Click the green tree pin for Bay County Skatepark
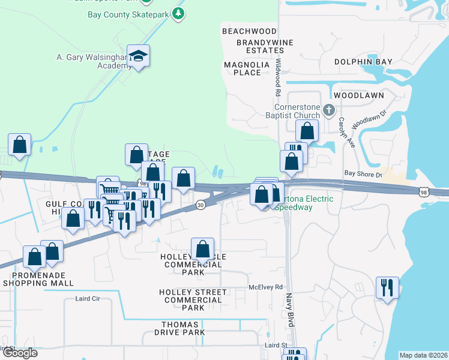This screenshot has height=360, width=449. pyautogui.click(x=178, y=13)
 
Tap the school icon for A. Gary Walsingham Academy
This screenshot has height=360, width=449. pyautogui.click(x=139, y=57)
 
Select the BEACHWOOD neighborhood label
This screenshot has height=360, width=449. pyautogui.click(x=249, y=31)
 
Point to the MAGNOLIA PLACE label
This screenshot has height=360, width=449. pyautogui.click(x=243, y=68)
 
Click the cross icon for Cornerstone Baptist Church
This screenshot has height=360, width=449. pyautogui.click(x=328, y=110)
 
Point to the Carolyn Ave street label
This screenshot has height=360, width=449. pyautogui.click(x=351, y=133)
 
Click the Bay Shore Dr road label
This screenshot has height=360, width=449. pyautogui.click(x=363, y=174)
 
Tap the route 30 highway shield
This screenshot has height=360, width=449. pyautogui.click(x=200, y=205)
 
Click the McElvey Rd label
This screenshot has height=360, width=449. pyautogui.click(x=265, y=287)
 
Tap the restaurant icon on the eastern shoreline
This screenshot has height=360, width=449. pyautogui.click(x=387, y=287)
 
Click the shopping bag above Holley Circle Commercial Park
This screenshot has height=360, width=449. pyautogui.click(x=203, y=248)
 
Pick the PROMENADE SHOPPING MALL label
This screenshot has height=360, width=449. pyautogui.click(x=38, y=279)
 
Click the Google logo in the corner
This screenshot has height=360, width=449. pyautogui.click(x=20, y=353)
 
